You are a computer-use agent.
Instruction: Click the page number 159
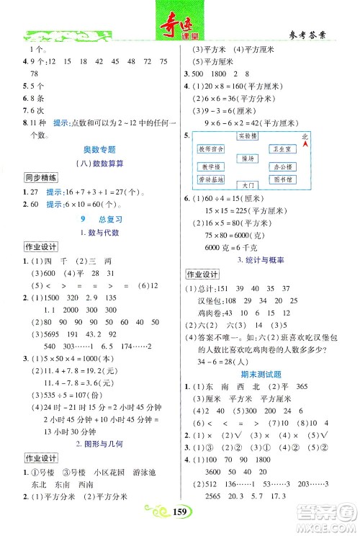[180, 513]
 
